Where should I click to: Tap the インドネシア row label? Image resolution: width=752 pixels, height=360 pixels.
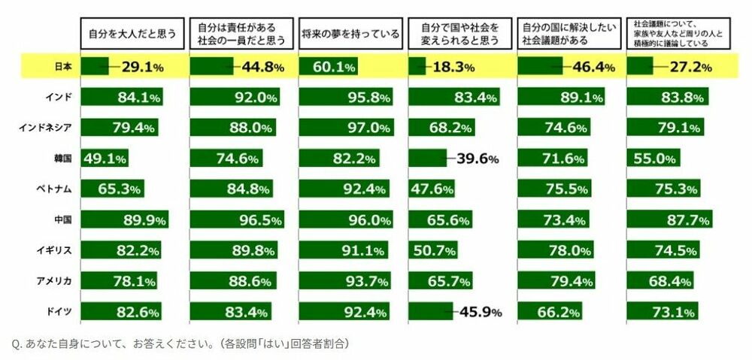[45, 127]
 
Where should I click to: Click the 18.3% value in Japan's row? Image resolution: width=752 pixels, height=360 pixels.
[453, 68]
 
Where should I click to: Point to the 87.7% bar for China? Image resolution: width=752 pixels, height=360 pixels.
[669, 219]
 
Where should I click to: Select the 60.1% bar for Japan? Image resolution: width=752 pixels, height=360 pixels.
[328, 67]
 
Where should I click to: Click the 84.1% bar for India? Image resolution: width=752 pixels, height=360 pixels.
[121, 97]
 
